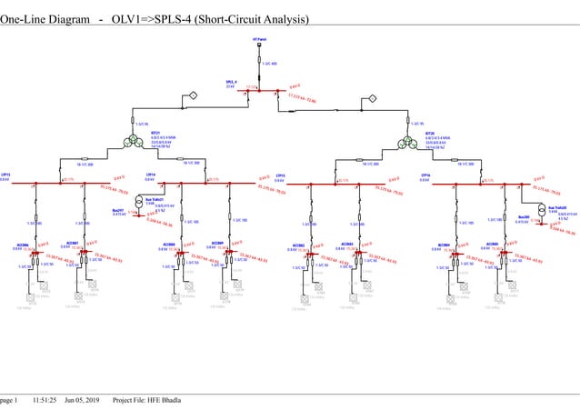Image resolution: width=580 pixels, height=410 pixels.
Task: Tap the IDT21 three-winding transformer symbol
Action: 135,140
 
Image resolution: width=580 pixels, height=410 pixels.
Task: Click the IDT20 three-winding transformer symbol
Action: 413,140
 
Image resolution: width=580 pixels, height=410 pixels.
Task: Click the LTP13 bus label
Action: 5,174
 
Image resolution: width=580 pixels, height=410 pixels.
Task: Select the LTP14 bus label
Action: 150,174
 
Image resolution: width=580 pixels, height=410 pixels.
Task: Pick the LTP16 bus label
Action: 425,174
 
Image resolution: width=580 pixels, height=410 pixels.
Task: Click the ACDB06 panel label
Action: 24,245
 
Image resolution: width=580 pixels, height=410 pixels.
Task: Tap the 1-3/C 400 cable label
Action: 269,64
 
